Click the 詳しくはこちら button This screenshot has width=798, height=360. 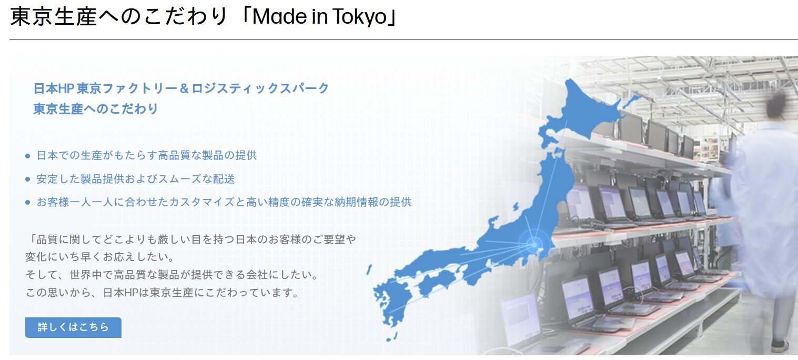[73, 327]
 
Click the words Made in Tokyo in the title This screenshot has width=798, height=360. [319, 16]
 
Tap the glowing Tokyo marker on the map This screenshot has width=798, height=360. [533, 245]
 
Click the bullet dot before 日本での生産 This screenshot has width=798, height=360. [28, 156]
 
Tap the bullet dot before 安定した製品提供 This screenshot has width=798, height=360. [28, 179]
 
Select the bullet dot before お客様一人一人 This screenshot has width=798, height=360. [28, 203]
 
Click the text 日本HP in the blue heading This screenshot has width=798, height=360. [54, 88]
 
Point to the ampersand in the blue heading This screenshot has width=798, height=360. [184, 88]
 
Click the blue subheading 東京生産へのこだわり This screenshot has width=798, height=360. [95, 109]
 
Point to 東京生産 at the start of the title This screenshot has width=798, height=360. [54, 17]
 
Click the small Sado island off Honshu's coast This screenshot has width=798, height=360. [516, 206]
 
